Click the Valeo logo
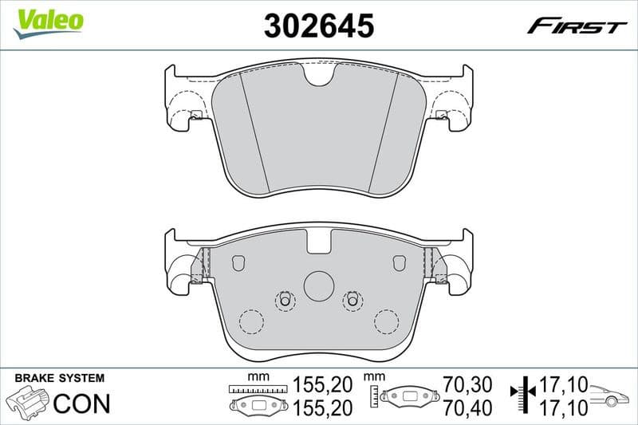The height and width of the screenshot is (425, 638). tap(48, 21)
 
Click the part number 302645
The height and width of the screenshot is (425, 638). tap(318, 26)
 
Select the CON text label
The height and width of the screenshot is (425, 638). tap(81, 403)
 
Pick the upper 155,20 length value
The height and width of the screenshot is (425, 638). tap(322, 384)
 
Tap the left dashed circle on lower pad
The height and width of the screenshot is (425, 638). tap(251, 321)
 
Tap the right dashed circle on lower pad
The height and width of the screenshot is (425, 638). tap(387, 321)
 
